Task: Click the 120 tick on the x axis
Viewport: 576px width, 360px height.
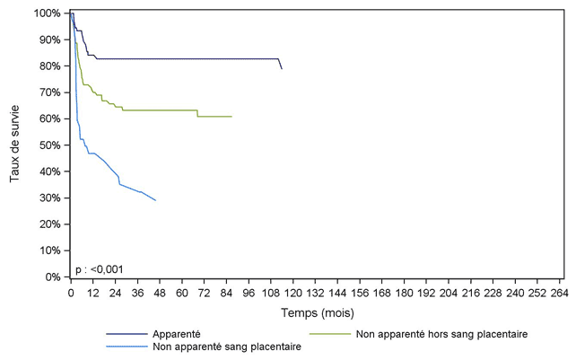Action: [292, 292]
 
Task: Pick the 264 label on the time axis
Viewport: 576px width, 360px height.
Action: [559, 292]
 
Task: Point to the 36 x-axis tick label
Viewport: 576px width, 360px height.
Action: [137, 292]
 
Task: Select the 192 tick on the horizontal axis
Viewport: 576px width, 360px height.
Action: [426, 292]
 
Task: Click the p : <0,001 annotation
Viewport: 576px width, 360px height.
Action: [100, 268]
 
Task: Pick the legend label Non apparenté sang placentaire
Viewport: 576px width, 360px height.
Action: [227, 347]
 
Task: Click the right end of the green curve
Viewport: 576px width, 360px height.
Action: [231, 117]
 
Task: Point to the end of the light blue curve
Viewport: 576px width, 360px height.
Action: [155, 200]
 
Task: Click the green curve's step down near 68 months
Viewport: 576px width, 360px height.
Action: [197, 114]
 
